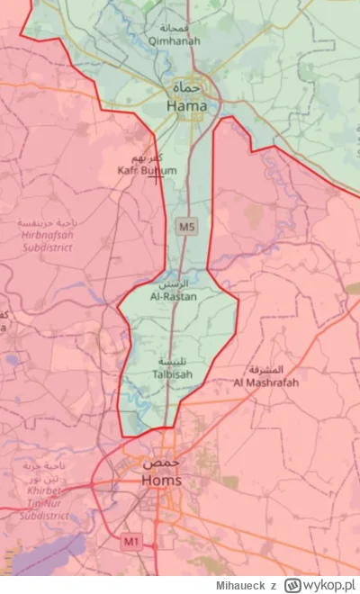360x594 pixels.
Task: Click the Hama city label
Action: pos(186,106)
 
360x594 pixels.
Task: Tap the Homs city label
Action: pos(161,481)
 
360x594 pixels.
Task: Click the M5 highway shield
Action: pos(186,227)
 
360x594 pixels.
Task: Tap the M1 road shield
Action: pos(132,541)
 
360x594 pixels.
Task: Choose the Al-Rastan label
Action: pos(174,296)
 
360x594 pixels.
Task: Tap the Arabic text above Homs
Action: pos(161,463)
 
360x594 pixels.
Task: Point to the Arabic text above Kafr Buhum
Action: pos(148,158)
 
